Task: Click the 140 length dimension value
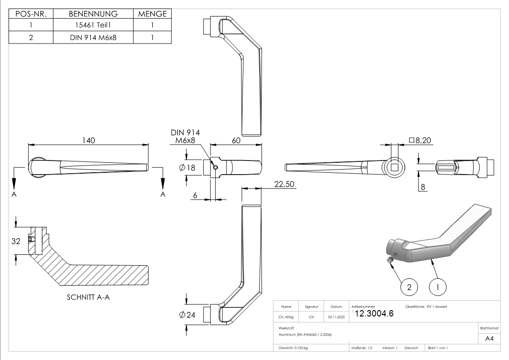tap(88, 141)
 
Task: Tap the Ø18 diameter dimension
tap(187, 168)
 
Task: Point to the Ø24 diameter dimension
tap(187, 315)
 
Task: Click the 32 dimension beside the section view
tap(16, 241)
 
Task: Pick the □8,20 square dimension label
tap(420, 141)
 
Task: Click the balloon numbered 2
tap(409, 287)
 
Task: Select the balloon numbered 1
tap(437, 287)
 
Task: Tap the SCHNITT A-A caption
tap(88, 297)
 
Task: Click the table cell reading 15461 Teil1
tap(93, 25)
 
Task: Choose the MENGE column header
tap(152, 14)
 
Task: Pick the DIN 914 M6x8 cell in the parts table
tap(93, 37)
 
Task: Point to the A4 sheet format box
tap(490, 338)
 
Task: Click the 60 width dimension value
tap(236, 141)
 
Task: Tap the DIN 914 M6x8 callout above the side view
tap(185, 136)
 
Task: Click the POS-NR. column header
tap(31, 14)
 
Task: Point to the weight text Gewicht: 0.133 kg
tap(293, 348)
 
